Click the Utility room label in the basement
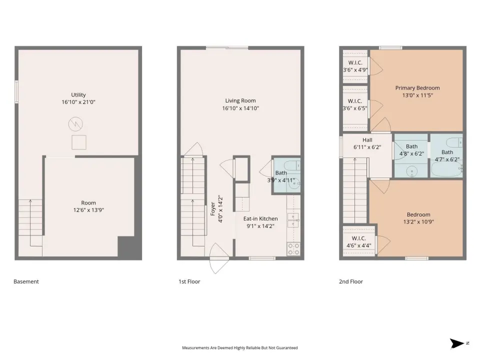pos(78,95)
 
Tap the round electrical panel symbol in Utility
pos(75,124)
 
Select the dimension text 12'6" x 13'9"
pos(88,210)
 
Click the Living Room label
pos(240,100)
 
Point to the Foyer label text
pos(213,209)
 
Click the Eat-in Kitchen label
pos(260,218)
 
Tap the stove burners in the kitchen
pos(293,249)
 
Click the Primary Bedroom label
pos(417,88)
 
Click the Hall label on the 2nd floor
pos(367,140)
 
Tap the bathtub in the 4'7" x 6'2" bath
pos(446,169)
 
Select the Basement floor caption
pos(26,281)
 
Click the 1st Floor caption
pos(189,281)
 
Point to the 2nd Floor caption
pos(351,281)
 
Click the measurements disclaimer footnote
pos(239,348)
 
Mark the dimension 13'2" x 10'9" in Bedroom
pos(418,222)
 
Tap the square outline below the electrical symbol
pos(79,142)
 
